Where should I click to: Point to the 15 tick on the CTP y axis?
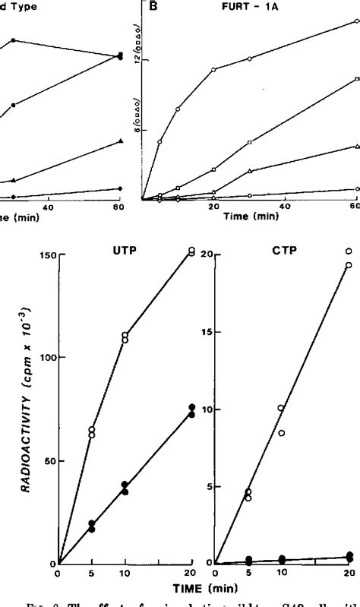204,331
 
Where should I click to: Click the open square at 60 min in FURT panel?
356,79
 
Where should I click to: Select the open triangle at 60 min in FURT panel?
356,146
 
